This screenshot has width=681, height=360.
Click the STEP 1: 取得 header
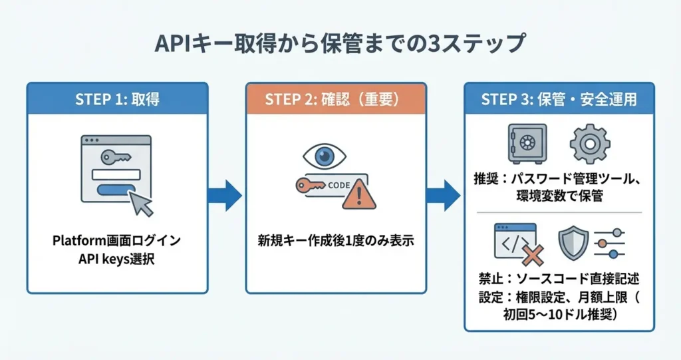117,99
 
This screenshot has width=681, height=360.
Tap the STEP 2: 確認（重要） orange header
336,99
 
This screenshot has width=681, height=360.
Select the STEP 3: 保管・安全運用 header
559,99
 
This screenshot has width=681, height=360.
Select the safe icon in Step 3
527,144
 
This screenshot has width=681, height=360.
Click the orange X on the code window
533,254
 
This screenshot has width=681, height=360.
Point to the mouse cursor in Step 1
141,203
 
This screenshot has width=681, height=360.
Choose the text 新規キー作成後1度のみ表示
336,240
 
